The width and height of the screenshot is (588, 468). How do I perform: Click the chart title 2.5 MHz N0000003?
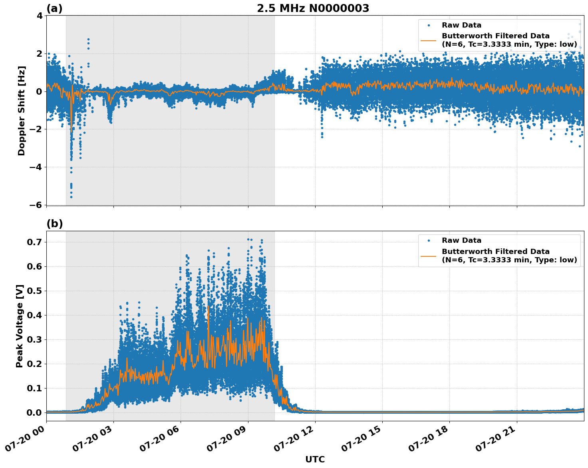pyautogui.click(x=313, y=8)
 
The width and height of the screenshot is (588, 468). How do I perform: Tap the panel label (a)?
pyautogui.click(x=54, y=8)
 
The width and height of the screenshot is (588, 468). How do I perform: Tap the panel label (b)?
pyautogui.click(x=54, y=224)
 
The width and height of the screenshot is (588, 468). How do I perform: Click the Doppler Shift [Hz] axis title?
pyautogui.click(x=22, y=111)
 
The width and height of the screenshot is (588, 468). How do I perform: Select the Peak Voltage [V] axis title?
pyautogui.click(x=20, y=326)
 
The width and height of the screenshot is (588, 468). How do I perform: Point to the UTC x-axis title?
pyautogui.click(x=315, y=459)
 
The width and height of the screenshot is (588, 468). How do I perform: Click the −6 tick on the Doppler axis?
pyautogui.click(x=38, y=205)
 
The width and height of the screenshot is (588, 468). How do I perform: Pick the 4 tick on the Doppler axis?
pyautogui.click(x=40, y=16)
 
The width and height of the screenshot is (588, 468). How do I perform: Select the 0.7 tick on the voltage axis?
pyautogui.click(x=35, y=242)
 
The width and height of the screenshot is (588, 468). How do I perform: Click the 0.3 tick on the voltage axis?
pyautogui.click(x=35, y=339)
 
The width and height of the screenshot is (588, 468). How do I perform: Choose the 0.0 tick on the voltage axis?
pyautogui.click(x=35, y=412)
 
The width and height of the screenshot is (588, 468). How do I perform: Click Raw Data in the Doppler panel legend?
pyautogui.click(x=461, y=25)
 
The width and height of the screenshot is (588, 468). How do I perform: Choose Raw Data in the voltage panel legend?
pyautogui.click(x=461, y=240)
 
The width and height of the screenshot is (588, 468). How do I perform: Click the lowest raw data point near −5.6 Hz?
pyautogui.click(x=71, y=197)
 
